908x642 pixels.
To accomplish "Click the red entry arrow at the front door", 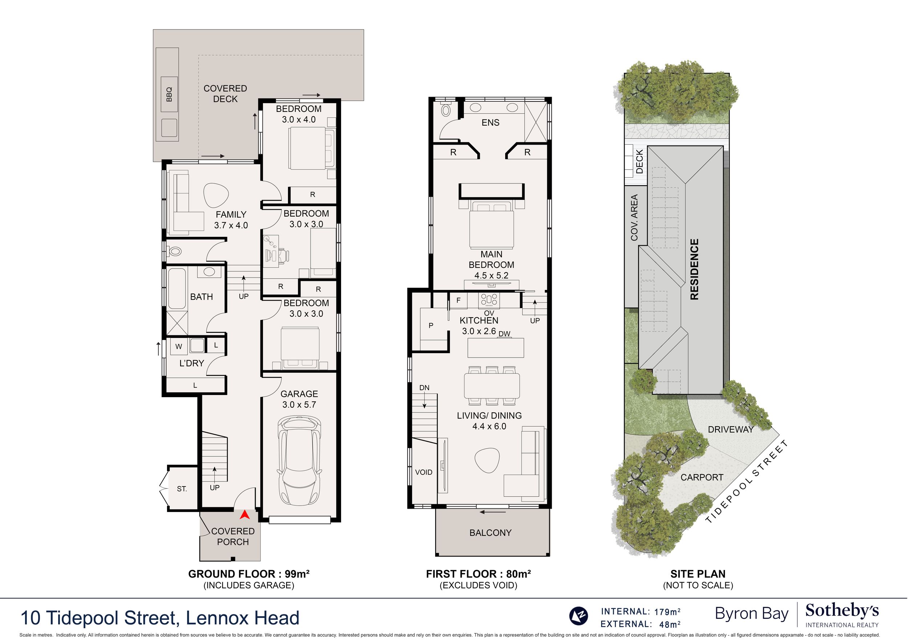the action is click(x=245, y=514).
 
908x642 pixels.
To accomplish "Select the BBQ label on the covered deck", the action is click(x=169, y=94).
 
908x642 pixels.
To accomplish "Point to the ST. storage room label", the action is click(x=182, y=489).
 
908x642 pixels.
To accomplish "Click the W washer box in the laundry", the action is click(x=179, y=347).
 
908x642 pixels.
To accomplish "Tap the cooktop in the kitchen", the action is click(x=489, y=300).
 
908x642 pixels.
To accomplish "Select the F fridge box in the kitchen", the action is click(x=458, y=300).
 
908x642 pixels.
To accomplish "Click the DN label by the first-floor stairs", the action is click(x=424, y=388).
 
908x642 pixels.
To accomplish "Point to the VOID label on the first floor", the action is click(x=423, y=472).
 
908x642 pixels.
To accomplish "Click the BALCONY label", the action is click(x=490, y=533).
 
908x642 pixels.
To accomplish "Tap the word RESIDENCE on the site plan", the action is click(x=694, y=269).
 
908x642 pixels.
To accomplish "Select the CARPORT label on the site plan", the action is click(x=702, y=477).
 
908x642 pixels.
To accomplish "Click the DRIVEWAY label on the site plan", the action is click(x=731, y=429).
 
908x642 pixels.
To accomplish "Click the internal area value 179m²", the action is click(x=667, y=612).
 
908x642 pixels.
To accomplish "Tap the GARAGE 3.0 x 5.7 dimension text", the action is click(x=299, y=399).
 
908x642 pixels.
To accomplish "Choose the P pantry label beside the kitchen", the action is click(x=431, y=325).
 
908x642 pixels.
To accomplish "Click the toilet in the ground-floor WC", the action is click(x=174, y=251).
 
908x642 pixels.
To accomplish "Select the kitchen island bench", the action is click(x=495, y=348).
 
